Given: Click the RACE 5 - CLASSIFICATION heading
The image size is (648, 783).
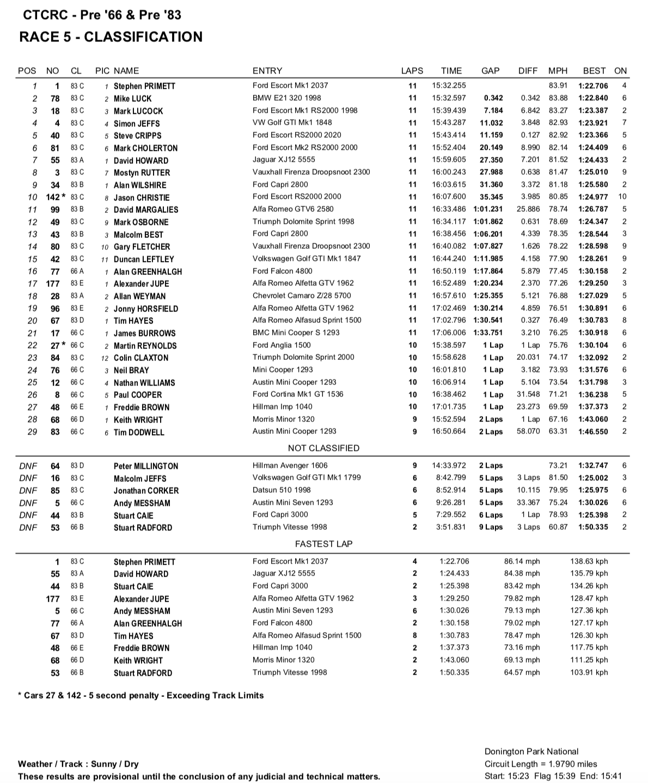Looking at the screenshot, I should coord(111,36).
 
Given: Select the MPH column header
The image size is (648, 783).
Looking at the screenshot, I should coord(558,71).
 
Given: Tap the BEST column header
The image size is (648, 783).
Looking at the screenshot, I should coord(594,71).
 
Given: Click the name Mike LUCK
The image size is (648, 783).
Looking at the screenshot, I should coord(132,99).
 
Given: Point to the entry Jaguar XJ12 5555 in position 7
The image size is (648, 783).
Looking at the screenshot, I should coord(284,160).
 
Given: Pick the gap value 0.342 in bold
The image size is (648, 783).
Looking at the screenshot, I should coord(493,98).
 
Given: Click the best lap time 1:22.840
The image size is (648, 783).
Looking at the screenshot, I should coord(593,98).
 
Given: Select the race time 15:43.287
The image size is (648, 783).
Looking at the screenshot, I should coord(449,123).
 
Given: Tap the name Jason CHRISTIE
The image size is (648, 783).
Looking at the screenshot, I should coord(142,197).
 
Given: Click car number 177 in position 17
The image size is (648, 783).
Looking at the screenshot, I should coord(53,283).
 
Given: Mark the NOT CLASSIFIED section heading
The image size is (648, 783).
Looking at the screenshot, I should coord(323,448).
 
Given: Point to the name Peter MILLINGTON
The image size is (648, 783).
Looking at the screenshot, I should coord(145,466).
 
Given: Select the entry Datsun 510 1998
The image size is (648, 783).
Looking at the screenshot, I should coord(282,490).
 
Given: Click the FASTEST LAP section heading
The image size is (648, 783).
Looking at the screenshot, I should coord(323,543).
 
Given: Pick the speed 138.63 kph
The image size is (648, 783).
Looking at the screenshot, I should coord(589,561).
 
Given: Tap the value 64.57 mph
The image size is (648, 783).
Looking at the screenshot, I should coord(522,672).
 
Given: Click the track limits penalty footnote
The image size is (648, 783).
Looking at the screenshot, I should coord(140,695).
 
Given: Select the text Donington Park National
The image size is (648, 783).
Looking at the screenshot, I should coord(531,751).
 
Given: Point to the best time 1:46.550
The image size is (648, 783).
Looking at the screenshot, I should coord(593,431).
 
